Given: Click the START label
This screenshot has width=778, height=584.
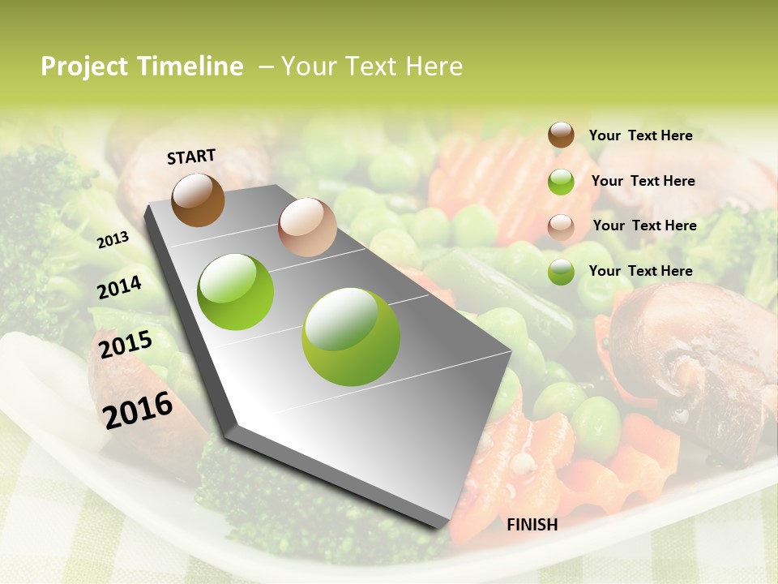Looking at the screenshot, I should (x=191, y=157).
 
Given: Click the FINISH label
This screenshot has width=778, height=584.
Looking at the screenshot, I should (x=532, y=525).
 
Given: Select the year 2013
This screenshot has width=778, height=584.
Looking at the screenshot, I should (x=113, y=239).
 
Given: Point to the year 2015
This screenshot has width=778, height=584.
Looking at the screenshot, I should (x=126, y=345).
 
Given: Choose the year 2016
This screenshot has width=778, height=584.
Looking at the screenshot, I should (x=138, y=410).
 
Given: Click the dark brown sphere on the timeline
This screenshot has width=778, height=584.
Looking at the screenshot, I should (x=198, y=200).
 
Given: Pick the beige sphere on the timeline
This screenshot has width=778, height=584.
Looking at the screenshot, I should (x=307, y=226).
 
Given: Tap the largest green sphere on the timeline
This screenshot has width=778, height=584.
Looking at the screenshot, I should (x=350, y=337).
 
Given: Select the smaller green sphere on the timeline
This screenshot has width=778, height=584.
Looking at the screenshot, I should (x=236, y=292).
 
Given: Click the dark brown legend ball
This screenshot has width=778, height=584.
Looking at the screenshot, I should (x=561, y=135).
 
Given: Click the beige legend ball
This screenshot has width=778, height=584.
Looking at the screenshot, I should (x=561, y=227).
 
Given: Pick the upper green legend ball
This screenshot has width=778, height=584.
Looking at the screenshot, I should (x=561, y=182).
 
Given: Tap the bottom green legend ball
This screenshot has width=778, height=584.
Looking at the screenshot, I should (x=561, y=272).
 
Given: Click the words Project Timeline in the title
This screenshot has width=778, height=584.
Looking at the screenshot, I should (x=142, y=67).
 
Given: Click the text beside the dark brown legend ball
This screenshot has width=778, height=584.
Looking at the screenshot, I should (x=640, y=135).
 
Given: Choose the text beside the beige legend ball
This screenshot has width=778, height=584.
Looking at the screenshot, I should (x=644, y=225).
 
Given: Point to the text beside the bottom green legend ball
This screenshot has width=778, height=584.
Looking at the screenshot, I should (x=640, y=271).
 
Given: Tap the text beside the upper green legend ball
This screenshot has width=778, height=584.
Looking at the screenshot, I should (x=643, y=181).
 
